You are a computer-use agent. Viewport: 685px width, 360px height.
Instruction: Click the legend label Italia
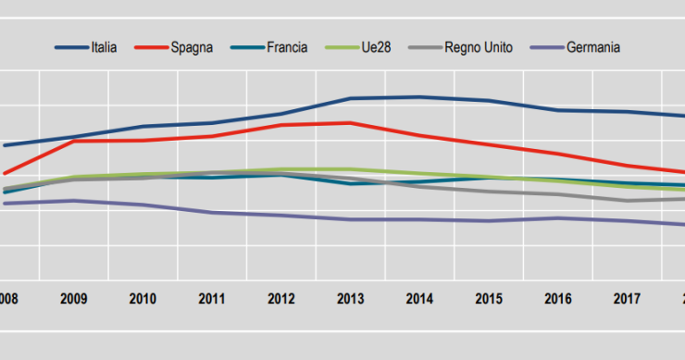[104, 46]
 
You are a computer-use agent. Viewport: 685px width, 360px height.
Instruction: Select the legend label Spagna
[193, 46]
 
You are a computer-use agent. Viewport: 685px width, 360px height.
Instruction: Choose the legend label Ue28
[375, 46]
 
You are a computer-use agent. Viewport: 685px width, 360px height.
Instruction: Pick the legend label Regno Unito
[477, 46]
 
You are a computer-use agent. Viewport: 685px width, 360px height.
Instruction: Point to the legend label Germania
[592, 46]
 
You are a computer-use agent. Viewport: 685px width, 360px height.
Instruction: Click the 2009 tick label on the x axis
[73, 299]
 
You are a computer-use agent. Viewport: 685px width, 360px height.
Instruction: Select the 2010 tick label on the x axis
[143, 299]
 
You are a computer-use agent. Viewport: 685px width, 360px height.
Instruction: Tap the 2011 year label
[211, 299]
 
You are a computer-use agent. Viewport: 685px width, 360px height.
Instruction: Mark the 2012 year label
[280, 299]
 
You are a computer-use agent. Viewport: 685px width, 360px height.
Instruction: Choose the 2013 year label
[350, 299]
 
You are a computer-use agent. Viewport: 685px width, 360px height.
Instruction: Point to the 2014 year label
[419, 299]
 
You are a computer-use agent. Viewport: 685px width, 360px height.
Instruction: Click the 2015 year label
[488, 299]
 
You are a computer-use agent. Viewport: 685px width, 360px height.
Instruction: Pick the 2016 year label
[557, 299]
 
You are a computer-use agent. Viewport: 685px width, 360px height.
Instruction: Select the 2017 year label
[627, 299]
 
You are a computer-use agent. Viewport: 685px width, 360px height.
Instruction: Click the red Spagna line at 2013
[350, 122]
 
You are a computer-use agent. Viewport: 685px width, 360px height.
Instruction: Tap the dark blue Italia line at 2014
[419, 97]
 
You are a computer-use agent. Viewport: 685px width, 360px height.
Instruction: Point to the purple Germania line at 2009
[73, 200]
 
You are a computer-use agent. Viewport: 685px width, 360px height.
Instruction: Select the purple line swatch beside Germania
[544, 46]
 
